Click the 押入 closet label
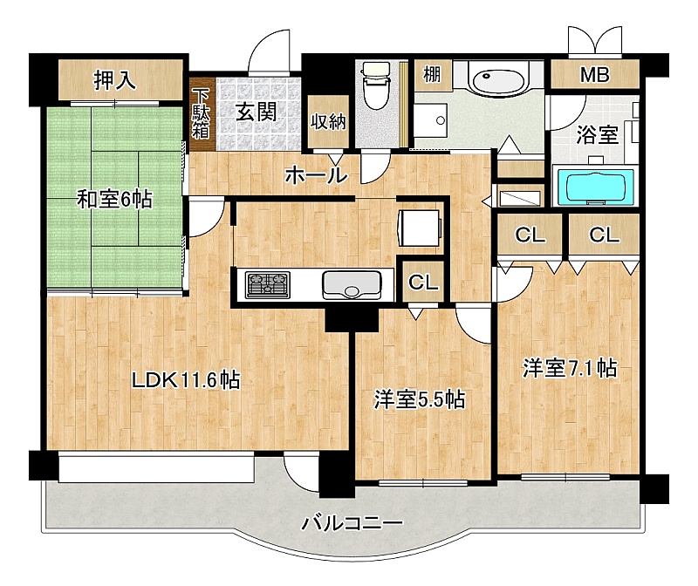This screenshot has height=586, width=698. coord(114,80)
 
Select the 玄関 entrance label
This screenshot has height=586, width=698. coord(256,112)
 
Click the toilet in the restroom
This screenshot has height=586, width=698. coord(376,85)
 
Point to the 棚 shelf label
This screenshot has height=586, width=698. coord(432,74)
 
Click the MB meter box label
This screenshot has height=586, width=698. coord(594,75)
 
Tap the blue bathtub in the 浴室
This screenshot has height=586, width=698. coord(594,187)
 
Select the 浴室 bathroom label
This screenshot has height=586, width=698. coord(597,134)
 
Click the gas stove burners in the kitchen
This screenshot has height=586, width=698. coord(268,285)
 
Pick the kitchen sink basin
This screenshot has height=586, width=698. coord(352,285)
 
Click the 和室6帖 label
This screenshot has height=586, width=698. coord(115,199)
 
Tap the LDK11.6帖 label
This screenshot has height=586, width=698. coord(186,380)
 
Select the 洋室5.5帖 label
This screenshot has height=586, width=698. coord(420,399)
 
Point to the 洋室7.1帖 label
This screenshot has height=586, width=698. coord(570,368)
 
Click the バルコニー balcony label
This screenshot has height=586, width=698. coord(352,523)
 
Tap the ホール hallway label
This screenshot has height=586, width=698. coord(316,175)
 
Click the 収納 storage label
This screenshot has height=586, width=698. coord(328,121)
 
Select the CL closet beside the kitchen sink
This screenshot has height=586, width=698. coord(423,282)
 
